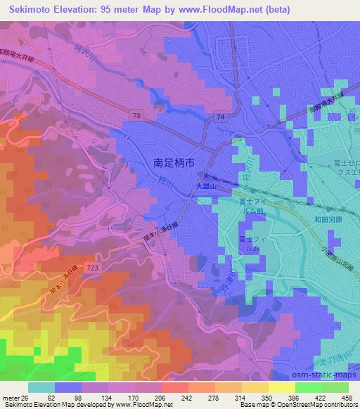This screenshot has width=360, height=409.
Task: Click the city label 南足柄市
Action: click(174, 162)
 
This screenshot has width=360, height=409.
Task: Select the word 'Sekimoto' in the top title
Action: click(32, 8)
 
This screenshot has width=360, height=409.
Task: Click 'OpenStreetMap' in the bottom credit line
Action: click(278, 404)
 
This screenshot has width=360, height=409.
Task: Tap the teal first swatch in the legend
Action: click(41, 387)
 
